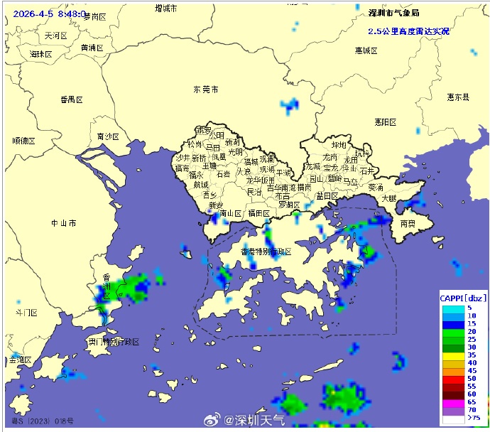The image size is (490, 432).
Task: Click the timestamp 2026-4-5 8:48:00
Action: tap(50, 13)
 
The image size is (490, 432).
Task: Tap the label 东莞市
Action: tap(206, 90)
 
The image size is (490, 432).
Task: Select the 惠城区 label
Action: tap(367, 50)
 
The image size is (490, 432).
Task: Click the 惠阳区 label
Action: tap(385, 122)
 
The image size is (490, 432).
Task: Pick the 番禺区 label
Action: tap(71, 100)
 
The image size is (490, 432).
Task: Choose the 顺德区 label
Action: tap(23, 141)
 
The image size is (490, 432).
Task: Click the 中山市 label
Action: tap(63, 223)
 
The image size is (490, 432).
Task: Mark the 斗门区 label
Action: tap(26, 313)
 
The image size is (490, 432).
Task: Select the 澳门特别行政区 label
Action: tap(114, 342)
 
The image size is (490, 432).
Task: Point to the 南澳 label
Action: tap(408, 222)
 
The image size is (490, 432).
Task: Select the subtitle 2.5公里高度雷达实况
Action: tap(408, 31)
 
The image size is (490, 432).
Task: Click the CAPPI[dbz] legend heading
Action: tap(463, 298)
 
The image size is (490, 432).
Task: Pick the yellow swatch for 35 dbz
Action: tap(452, 355)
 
